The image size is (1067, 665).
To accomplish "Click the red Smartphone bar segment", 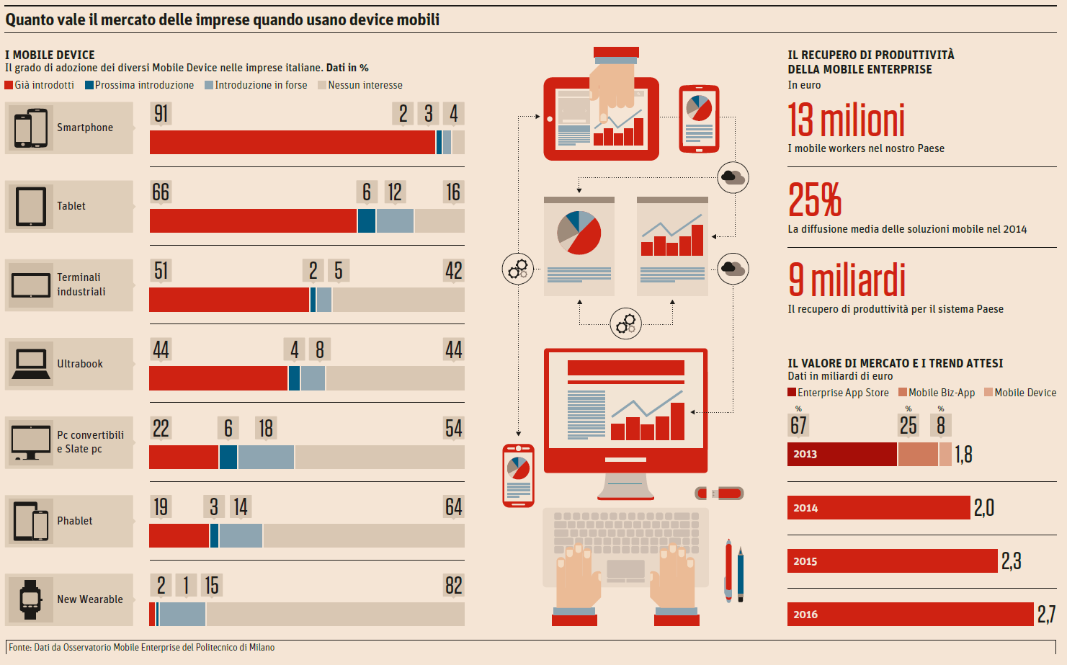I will pos(292,143).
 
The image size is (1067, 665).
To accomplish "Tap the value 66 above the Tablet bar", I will pos(161,192).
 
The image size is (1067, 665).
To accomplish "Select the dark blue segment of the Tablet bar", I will pos(367,221).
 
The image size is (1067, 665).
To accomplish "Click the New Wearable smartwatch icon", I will pos(30,599).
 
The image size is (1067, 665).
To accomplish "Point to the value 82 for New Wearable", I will pos(453,586).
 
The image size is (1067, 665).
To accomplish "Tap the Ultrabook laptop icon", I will pos(31,364).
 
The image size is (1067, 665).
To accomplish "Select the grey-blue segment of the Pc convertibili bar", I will pos(266,458).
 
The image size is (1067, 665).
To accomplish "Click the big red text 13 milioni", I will pos(846,120).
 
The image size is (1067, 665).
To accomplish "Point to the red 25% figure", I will pos(815,200).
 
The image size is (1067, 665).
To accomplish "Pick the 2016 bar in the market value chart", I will pos(910,615).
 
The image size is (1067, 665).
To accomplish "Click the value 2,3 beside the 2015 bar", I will pos(1011,561).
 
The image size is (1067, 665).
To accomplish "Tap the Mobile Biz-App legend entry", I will pos(937,393).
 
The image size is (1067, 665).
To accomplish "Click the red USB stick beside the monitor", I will pos(720,494).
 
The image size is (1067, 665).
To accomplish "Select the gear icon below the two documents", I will pos(625,323).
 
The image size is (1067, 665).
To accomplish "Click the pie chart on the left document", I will pos(579,233).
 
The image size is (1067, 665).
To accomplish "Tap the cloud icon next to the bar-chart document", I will pos(733,269).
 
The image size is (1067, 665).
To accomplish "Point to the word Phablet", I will pos(75,521).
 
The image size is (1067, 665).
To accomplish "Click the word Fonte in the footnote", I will pos(19,648).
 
